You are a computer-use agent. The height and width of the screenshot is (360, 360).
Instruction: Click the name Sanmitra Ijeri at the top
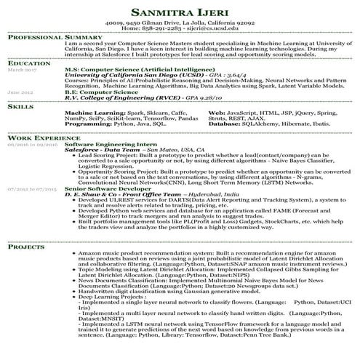179,12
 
